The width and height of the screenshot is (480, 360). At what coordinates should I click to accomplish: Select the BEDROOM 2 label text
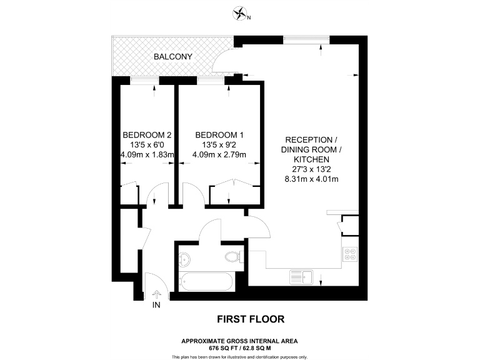click(147, 135)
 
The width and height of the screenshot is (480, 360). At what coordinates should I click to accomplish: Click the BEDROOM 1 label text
click(219, 135)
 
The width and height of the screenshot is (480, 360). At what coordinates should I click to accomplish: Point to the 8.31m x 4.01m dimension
click(311, 180)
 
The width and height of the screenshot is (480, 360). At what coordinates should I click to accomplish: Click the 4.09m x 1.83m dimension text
click(147, 155)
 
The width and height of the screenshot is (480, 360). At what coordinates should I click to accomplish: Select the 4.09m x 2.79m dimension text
click(219, 155)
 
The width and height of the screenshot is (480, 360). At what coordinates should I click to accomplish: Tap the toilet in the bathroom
click(232, 256)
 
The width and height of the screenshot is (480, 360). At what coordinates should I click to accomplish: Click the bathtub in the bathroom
click(206, 282)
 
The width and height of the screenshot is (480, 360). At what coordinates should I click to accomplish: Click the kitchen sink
click(301, 275)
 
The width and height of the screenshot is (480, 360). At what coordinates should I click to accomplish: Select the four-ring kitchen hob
click(350, 254)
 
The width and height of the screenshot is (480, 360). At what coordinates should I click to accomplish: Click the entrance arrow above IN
click(156, 292)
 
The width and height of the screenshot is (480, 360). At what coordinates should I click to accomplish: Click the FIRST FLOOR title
click(250, 319)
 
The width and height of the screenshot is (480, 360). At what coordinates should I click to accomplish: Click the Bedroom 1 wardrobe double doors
click(232, 186)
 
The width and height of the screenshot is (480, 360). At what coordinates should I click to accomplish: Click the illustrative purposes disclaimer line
click(239, 356)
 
